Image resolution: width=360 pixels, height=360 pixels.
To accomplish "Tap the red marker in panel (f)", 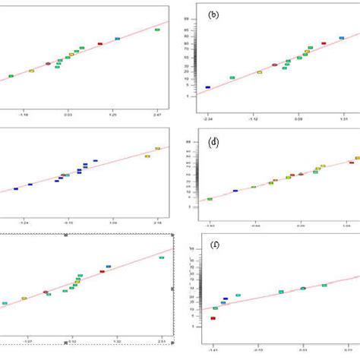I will pyautogui.click(x=213, y=318).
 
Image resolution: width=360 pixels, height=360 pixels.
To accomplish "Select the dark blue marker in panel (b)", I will pyautogui.click(x=208, y=87).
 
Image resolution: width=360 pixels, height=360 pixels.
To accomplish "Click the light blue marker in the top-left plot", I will pyautogui.click(x=117, y=39).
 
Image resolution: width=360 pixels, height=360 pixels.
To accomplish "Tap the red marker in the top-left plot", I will pyautogui.click(x=99, y=44).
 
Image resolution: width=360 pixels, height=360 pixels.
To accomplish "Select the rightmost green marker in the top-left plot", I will pyautogui.click(x=157, y=30).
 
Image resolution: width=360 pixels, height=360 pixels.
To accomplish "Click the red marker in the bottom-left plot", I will pyautogui.click(x=102, y=272).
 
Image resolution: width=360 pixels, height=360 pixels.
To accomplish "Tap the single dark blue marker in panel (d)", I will pyautogui.click(x=235, y=191).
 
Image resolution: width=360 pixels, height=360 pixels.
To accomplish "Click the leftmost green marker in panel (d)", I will pyautogui.click(x=210, y=199).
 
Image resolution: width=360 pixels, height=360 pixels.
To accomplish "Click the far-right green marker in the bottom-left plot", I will pyautogui.click(x=161, y=257).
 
